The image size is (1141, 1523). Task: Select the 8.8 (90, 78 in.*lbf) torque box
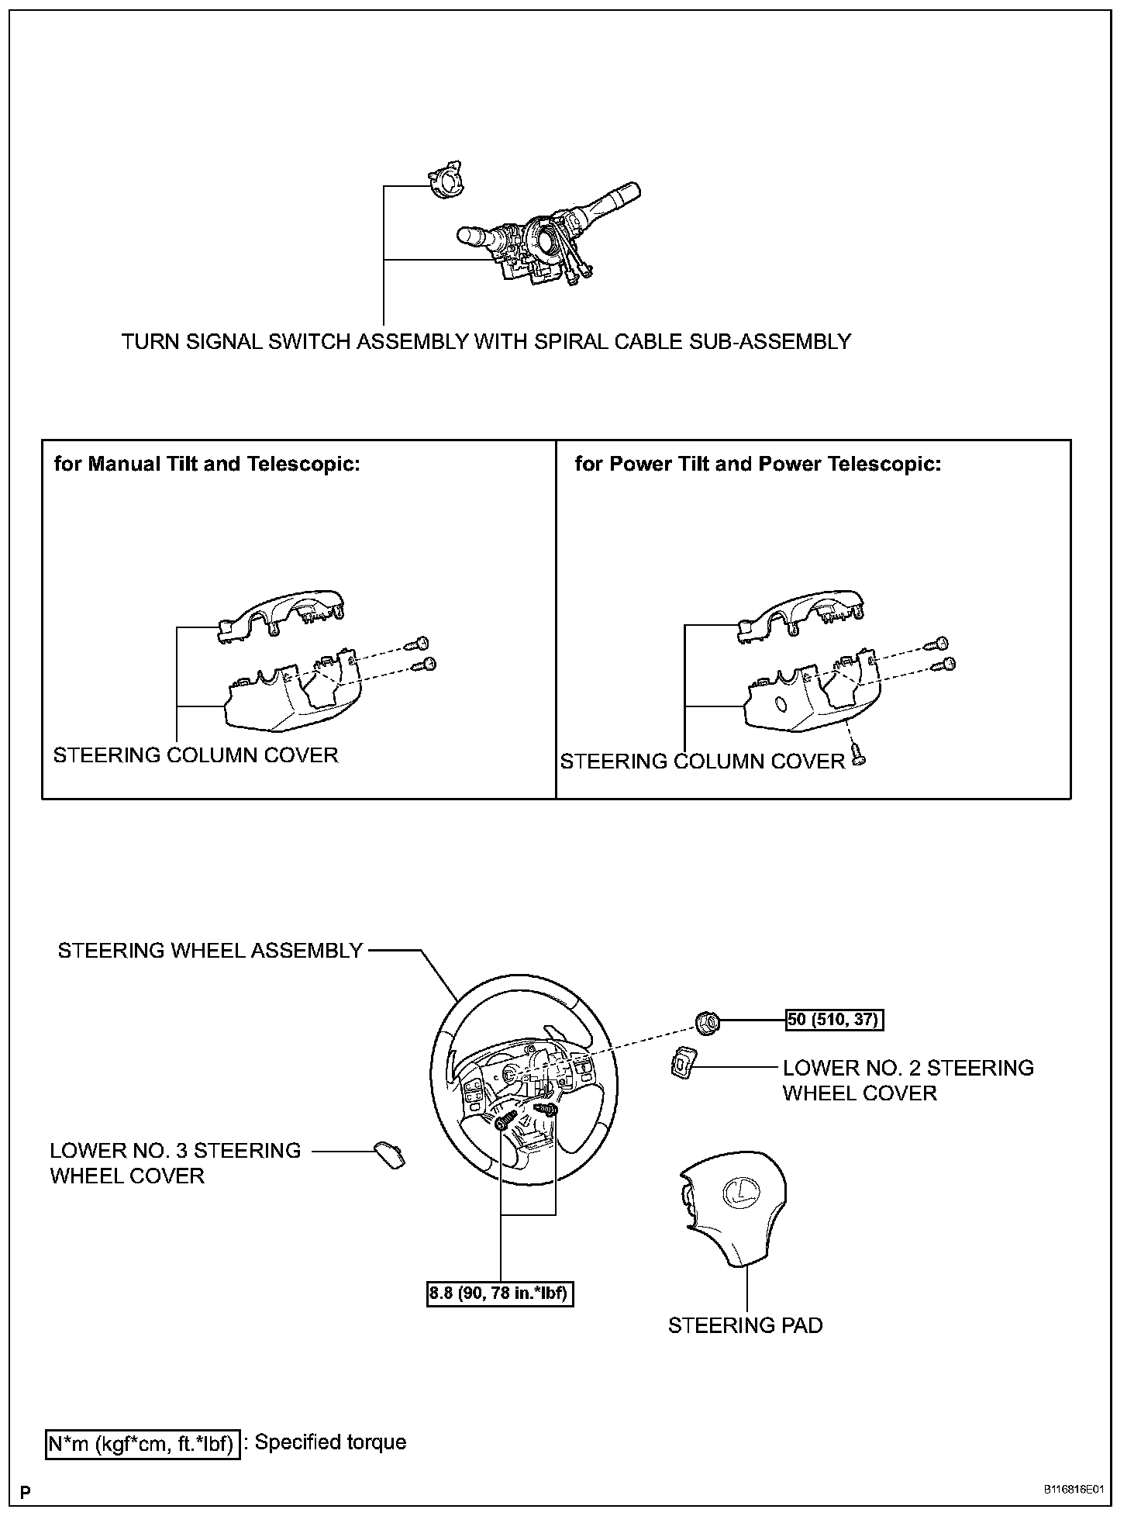click(500, 1294)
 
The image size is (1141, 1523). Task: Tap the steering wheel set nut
click(707, 1023)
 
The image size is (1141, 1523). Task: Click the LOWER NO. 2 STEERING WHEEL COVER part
click(681, 1062)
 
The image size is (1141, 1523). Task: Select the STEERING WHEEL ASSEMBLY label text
click(210, 951)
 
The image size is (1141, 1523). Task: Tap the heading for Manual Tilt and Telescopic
click(207, 464)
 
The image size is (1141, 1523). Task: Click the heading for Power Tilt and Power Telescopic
click(757, 464)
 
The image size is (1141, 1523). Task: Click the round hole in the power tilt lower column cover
click(781, 704)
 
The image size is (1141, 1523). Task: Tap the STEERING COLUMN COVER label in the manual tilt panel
click(195, 755)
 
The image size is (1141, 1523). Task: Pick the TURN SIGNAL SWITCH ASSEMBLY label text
click(486, 341)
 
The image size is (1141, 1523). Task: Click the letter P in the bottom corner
click(26, 1492)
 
